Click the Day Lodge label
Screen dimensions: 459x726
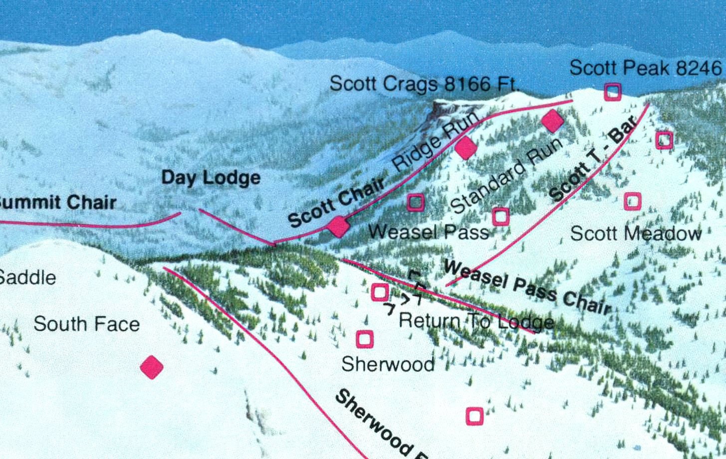click(x=211, y=178)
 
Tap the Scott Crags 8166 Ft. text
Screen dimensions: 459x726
click(x=424, y=84)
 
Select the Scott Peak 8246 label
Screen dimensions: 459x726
click(x=645, y=68)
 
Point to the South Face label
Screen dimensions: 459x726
click(x=86, y=324)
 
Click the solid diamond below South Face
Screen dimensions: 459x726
click(x=152, y=368)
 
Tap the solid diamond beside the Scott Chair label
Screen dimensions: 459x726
click(x=338, y=227)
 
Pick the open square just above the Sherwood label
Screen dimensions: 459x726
click(x=365, y=339)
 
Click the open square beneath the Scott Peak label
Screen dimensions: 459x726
click(x=613, y=92)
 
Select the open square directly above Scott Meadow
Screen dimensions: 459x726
click(x=633, y=201)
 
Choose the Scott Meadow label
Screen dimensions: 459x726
click(x=636, y=233)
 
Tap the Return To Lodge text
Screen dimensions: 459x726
click(x=477, y=321)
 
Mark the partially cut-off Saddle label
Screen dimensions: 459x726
click(x=27, y=277)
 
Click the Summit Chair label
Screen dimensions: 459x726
click(x=57, y=203)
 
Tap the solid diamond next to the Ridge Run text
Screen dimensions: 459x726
click(x=465, y=148)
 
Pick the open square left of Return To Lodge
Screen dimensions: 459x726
click(x=380, y=292)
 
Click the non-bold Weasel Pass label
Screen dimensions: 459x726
click(x=428, y=232)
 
